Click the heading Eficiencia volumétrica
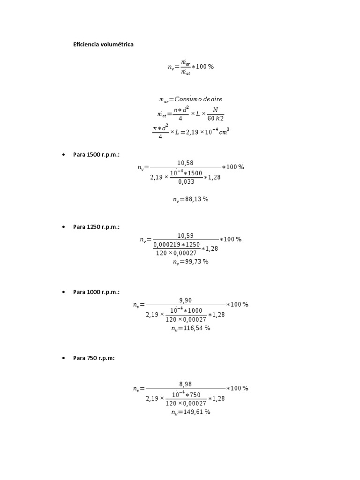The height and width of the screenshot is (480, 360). coord(103,45)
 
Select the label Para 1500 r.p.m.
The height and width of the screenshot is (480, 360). coord(96,155)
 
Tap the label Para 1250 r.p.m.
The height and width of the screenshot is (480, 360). coord(96,227)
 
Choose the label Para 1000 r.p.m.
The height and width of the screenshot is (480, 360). coord(96,292)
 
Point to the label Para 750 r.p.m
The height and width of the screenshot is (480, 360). coord(94,358)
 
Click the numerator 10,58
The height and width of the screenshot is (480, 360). coord(185,163)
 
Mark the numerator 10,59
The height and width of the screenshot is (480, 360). coord(186,235)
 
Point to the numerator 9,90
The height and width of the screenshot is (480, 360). coord(186,300)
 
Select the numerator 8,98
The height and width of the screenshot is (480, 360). coord(186,384)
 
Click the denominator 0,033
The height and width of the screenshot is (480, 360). coord(186,181)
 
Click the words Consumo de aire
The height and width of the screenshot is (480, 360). coord(198,99)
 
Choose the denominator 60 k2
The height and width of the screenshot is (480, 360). coord(216,118)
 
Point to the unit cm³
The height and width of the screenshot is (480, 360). coord(224,132)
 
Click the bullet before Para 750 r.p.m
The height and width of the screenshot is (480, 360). coord(63,358)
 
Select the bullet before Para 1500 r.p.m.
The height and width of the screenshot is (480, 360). coord(63,155)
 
